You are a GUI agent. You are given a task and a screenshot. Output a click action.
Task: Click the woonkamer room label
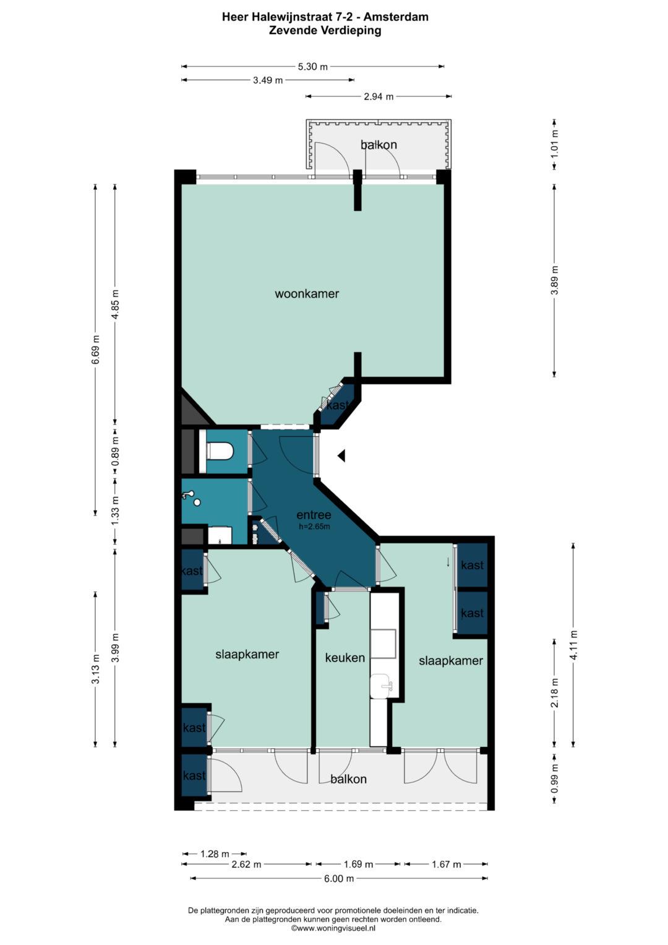pos(307,293)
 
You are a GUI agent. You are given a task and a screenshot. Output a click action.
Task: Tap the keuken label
pos(345,657)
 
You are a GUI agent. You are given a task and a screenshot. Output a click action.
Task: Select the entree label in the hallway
pos(314,515)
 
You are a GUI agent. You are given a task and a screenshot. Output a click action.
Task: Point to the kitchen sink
pos(382,687)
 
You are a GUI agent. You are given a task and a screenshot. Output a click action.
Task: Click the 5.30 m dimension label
pos(312,67)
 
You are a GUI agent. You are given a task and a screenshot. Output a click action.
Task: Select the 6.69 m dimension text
pos(96,350)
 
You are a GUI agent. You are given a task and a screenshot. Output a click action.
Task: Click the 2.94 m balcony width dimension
pos(379,97)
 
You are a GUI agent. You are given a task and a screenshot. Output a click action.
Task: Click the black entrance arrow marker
pos(341,455)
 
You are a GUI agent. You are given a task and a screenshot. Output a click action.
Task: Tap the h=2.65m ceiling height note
pos(314,526)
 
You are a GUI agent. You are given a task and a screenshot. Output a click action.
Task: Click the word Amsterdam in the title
pos(396,17)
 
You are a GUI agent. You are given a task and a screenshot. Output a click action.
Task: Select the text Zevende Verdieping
pos(325,30)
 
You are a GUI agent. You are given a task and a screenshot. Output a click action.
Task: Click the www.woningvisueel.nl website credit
pos(333,928)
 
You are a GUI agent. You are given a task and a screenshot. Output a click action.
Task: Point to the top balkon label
pos(379,145)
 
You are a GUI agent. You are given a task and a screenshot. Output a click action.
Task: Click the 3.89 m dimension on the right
pos(555,280)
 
